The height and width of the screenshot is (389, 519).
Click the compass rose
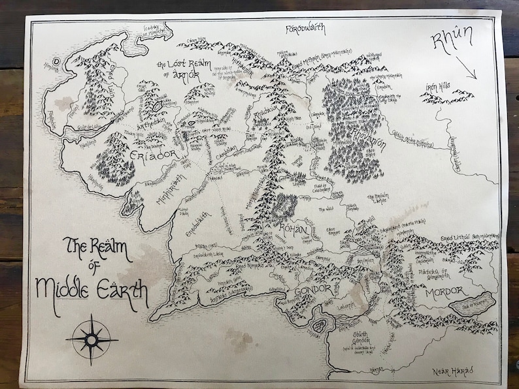[92, 338]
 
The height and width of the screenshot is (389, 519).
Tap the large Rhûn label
[452, 40]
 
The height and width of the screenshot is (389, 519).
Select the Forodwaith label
[306, 29]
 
